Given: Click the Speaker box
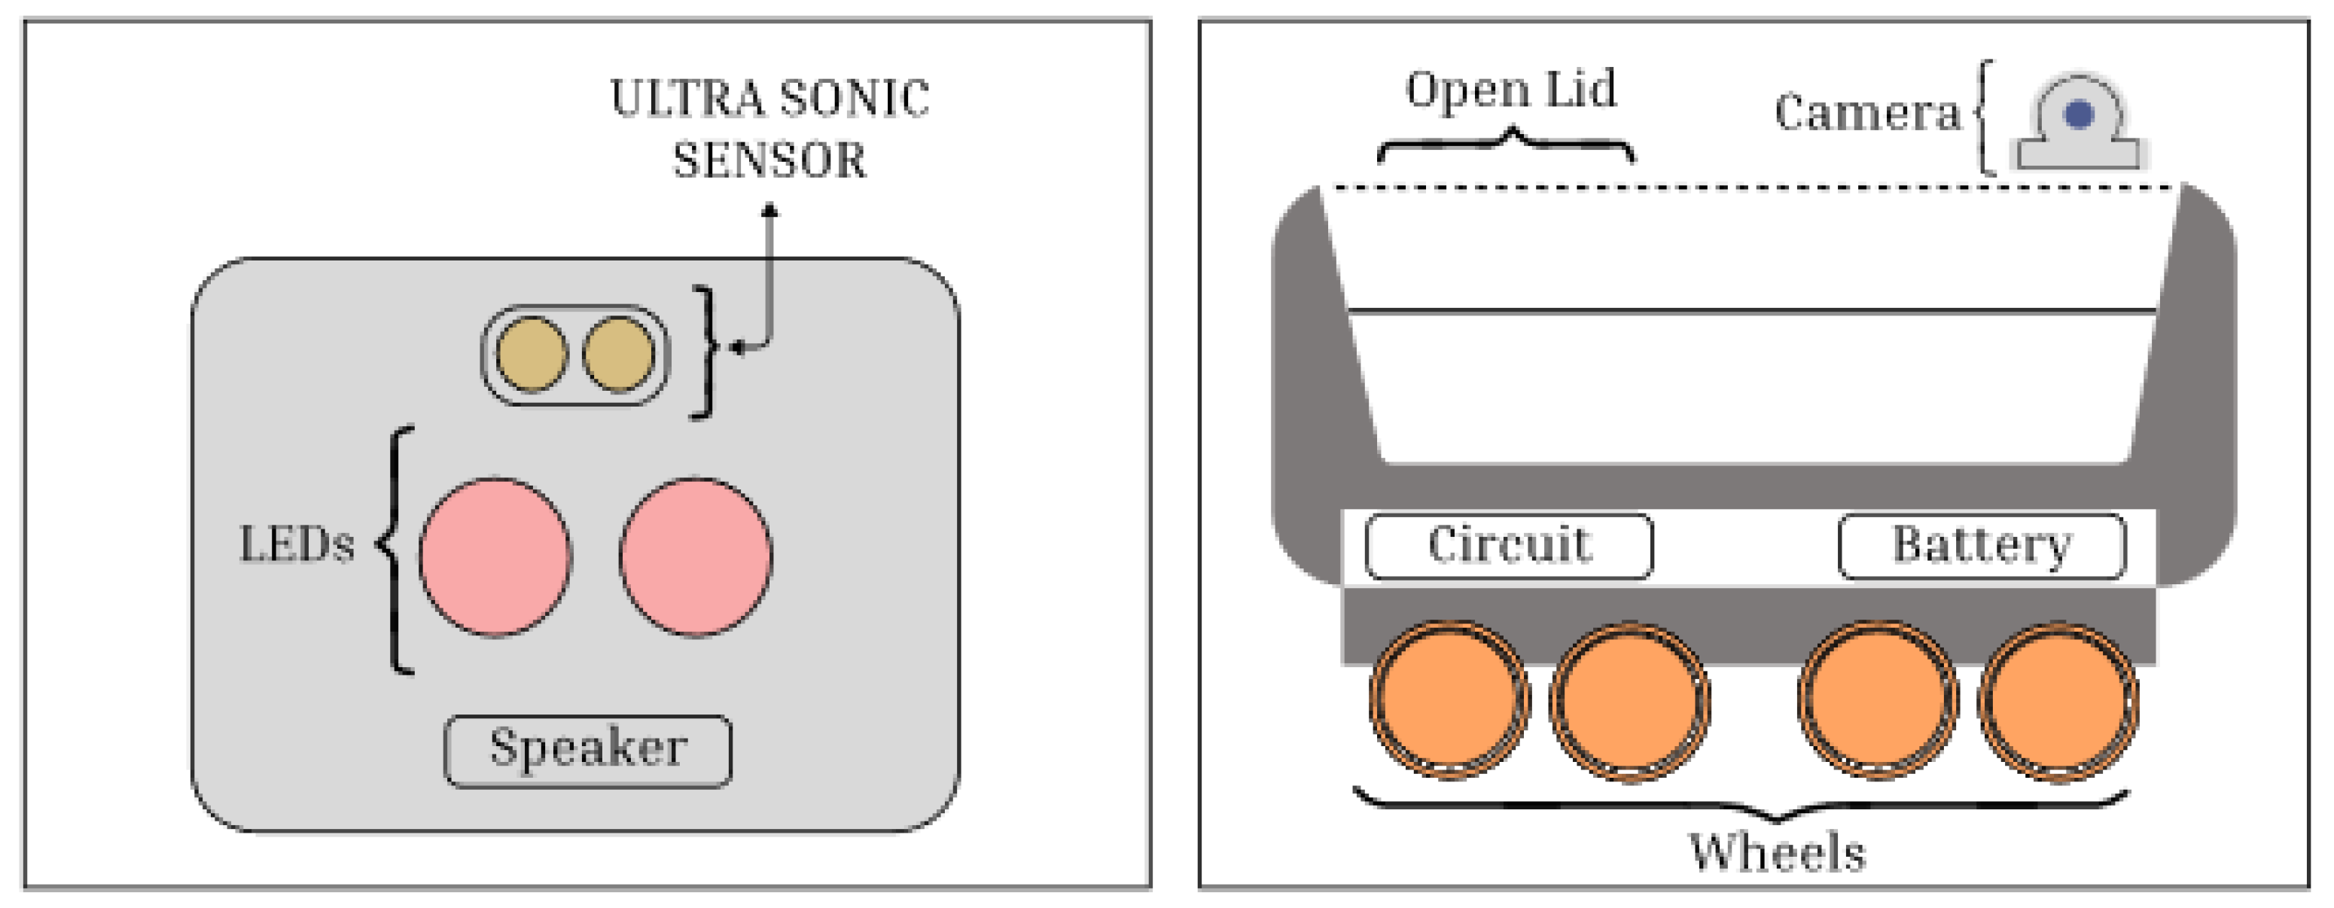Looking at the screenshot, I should pyautogui.click(x=587, y=751).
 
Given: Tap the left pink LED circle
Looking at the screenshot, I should pyautogui.click(x=495, y=556).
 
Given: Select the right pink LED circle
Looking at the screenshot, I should pyautogui.click(x=696, y=556).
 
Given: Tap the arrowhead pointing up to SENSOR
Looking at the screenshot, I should pyautogui.click(x=769, y=211).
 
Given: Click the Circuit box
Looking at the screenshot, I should pyautogui.click(x=1509, y=546).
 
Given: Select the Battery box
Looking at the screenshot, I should pyautogui.click(x=1982, y=546).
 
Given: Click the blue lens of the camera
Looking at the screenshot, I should pyautogui.click(x=2079, y=115).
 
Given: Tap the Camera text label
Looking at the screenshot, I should pyautogui.click(x=1866, y=113).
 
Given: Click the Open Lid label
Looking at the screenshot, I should pyautogui.click(x=1510, y=90).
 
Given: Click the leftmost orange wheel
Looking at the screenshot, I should pyautogui.click(x=1449, y=700).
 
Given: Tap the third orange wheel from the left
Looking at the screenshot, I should pyautogui.click(x=1877, y=700).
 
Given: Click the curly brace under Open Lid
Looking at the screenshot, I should pyautogui.click(x=1507, y=145).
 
